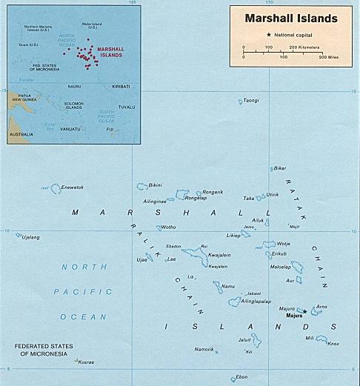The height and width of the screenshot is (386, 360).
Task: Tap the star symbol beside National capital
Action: coord(268,35)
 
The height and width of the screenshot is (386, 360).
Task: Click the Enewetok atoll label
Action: coord(72,187)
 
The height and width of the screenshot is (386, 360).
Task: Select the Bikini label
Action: coord(156,184)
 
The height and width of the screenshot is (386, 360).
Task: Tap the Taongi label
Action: coord(252,100)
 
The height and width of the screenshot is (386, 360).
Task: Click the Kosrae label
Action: coord(86,362)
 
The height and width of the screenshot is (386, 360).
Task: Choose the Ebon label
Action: coord(241,376)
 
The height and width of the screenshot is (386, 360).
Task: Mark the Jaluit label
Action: coord(244,339)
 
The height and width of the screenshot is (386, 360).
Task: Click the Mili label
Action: coord(310,337)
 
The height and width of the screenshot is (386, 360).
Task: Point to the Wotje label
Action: coord(284,243)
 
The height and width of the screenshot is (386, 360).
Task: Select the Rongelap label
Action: coord(196,198)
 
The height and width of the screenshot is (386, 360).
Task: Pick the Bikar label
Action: coord(280,168)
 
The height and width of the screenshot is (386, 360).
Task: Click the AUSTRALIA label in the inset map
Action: coord(21,135)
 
